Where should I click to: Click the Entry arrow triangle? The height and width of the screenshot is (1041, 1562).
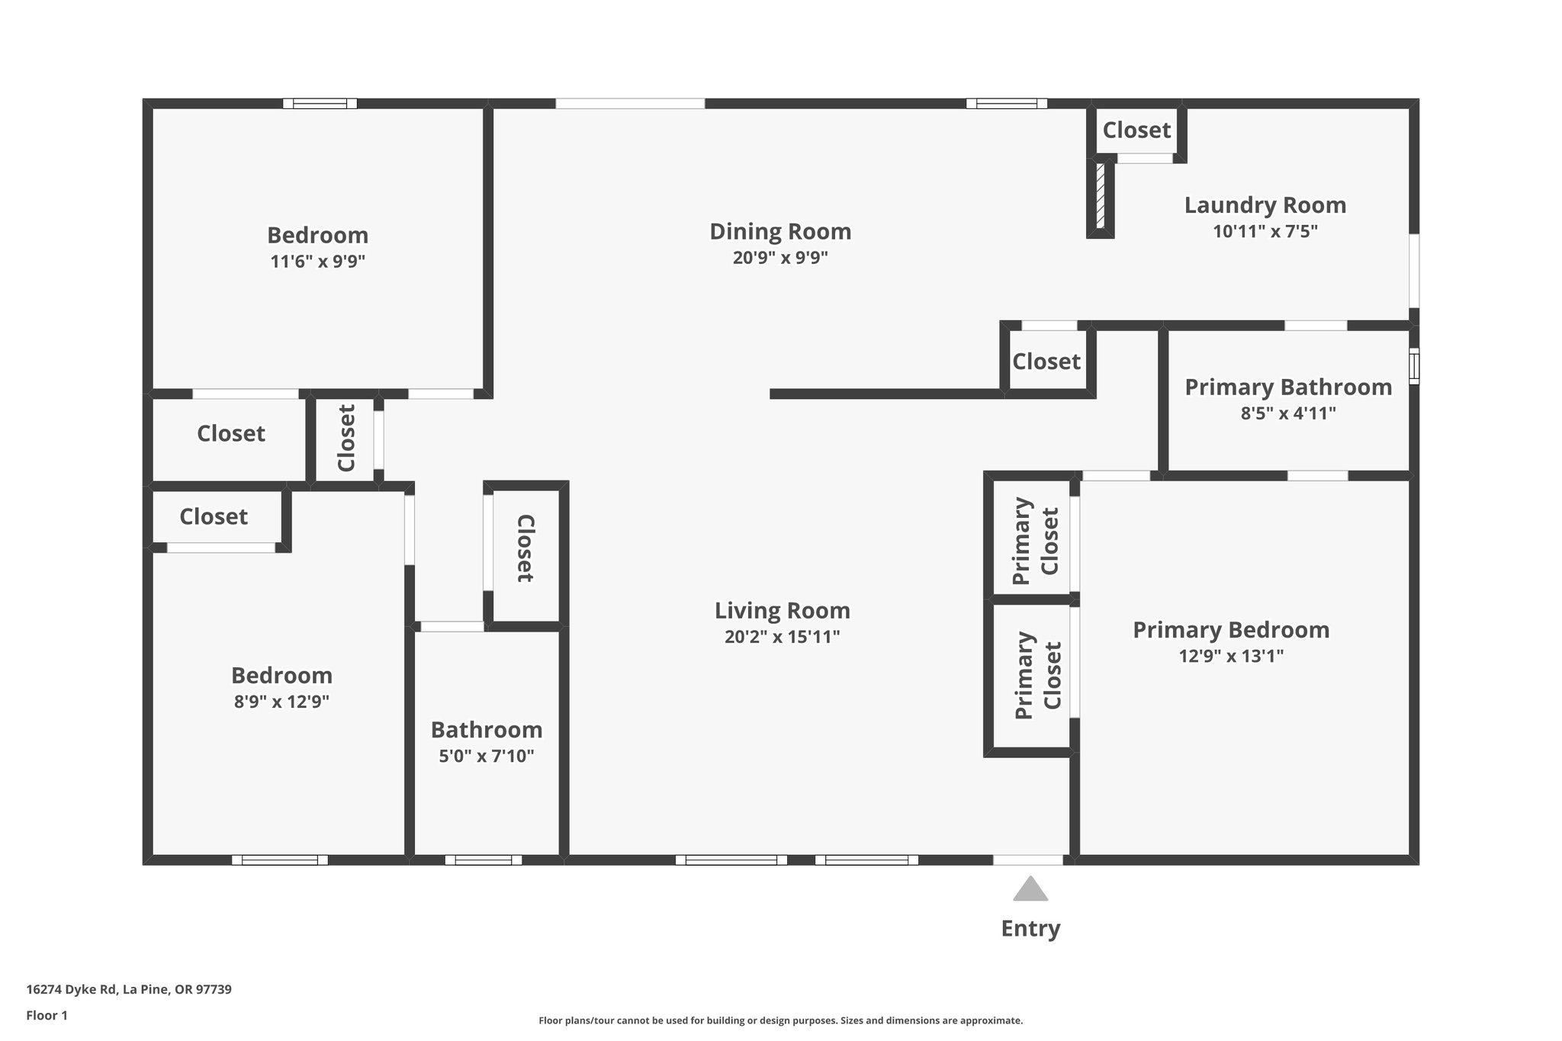(x=1030, y=889)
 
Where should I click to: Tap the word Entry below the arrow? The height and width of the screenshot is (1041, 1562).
(x=1030, y=928)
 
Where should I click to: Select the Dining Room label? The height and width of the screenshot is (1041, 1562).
(x=780, y=231)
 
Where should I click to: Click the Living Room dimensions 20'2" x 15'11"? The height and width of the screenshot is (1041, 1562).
(x=782, y=637)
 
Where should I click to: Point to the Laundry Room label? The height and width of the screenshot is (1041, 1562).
(x=1265, y=205)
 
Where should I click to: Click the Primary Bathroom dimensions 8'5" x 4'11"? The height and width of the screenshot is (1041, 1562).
(x=1288, y=413)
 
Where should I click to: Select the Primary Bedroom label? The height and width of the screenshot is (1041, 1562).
(x=1230, y=630)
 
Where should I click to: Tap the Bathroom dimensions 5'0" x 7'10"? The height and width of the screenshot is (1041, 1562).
(x=486, y=757)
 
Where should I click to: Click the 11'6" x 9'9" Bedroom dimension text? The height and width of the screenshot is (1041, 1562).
(x=317, y=262)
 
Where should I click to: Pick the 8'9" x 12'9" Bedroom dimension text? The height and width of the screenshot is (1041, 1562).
(x=281, y=702)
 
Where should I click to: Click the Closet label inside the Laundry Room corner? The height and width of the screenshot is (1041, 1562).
(x=1136, y=130)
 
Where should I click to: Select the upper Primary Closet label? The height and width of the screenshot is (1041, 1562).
(x=1035, y=541)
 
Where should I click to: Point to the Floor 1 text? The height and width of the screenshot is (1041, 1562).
(x=47, y=1015)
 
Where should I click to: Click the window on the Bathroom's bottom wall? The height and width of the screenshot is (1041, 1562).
(x=484, y=859)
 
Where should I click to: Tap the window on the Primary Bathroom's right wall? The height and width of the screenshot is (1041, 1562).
(x=1413, y=366)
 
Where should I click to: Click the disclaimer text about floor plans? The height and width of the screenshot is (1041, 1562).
(x=780, y=1020)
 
